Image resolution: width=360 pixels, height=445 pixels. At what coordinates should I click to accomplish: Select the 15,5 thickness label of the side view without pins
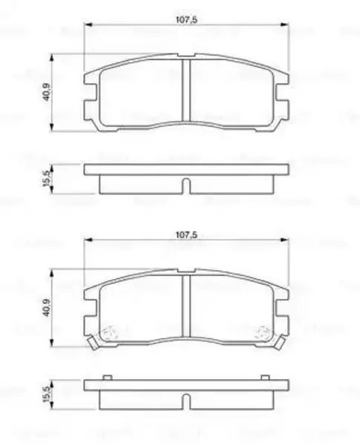click(x=46, y=179)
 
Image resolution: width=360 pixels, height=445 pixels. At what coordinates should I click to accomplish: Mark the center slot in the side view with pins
click(x=186, y=402)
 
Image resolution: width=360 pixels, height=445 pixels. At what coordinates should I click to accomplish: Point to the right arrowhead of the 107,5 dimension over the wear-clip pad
click(x=283, y=241)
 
